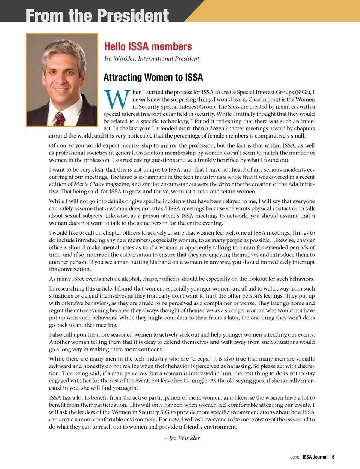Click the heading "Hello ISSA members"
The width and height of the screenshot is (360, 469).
click(x=148, y=46)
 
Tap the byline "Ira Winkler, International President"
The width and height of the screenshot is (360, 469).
click(x=151, y=58)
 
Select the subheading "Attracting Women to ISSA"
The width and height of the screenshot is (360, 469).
click(x=153, y=77)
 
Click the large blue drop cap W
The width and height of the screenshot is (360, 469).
click(x=117, y=100)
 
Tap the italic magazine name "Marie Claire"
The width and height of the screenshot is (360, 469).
click(x=89, y=184)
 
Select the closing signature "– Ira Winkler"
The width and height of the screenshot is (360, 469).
click(x=182, y=438)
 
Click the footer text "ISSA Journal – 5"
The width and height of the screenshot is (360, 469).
click(x=318, y=457)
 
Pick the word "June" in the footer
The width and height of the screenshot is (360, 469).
click(x=295, y=457)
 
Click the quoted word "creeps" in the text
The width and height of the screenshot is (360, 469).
click(x=202, y=359)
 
